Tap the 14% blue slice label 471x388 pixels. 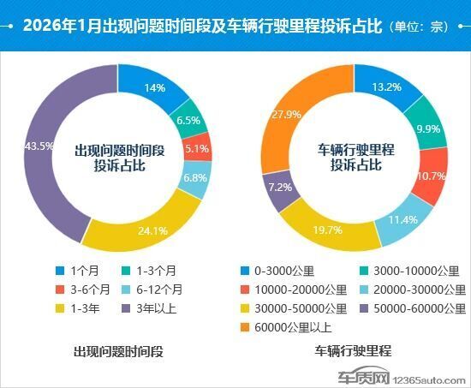pos(154,87)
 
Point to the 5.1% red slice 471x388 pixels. pos(196,146)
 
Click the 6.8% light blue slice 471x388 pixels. pos(194,178)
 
